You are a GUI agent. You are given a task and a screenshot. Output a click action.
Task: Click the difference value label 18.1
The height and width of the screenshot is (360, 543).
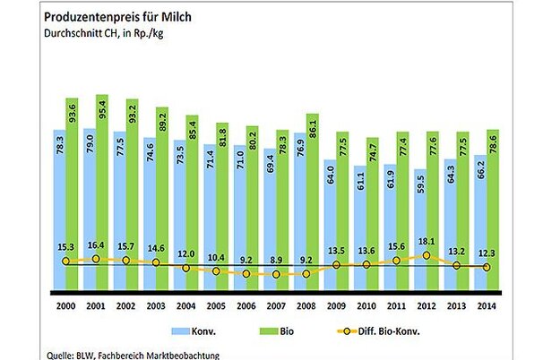point(426,239)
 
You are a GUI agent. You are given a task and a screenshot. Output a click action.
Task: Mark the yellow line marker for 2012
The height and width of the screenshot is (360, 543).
point(426,255)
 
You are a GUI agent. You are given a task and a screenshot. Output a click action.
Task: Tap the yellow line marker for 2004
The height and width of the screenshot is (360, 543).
point(186,268)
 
